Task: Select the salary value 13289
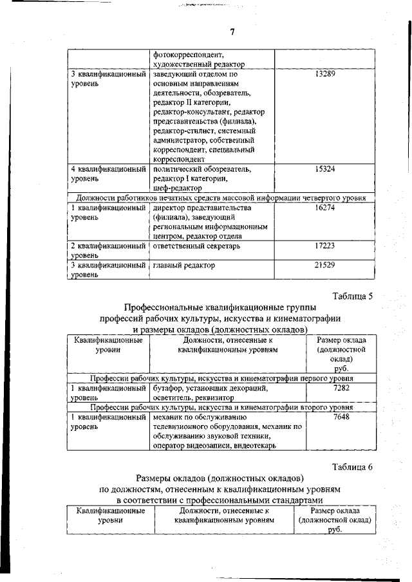(327, 75)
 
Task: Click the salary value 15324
(327, 169)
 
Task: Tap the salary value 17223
(327, 246)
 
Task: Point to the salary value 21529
(327, 265)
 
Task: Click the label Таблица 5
(352, 296)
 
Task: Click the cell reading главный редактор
(184, 265)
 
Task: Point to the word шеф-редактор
(178, 188)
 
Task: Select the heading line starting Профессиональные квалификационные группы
(220, 308)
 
